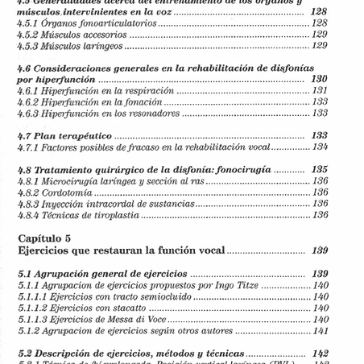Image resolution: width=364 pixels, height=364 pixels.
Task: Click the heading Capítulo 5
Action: coord(48,238)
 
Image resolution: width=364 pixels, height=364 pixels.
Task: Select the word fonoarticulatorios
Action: coord(106,23)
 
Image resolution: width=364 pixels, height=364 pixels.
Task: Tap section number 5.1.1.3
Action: coord(35,318)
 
